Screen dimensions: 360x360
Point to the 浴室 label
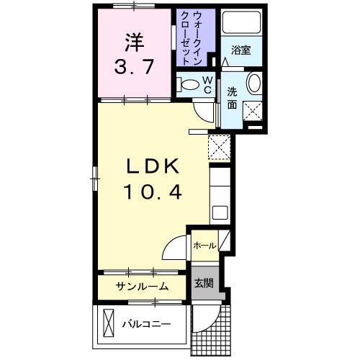pos(240,50)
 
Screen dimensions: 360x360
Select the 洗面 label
pos(233,99)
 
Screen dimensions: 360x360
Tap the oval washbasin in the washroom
pos(255,84)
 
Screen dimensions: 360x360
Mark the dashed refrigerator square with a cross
pos(218,147)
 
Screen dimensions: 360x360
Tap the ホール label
pos(204,246)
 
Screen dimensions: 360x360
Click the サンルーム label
pos(143,287)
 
